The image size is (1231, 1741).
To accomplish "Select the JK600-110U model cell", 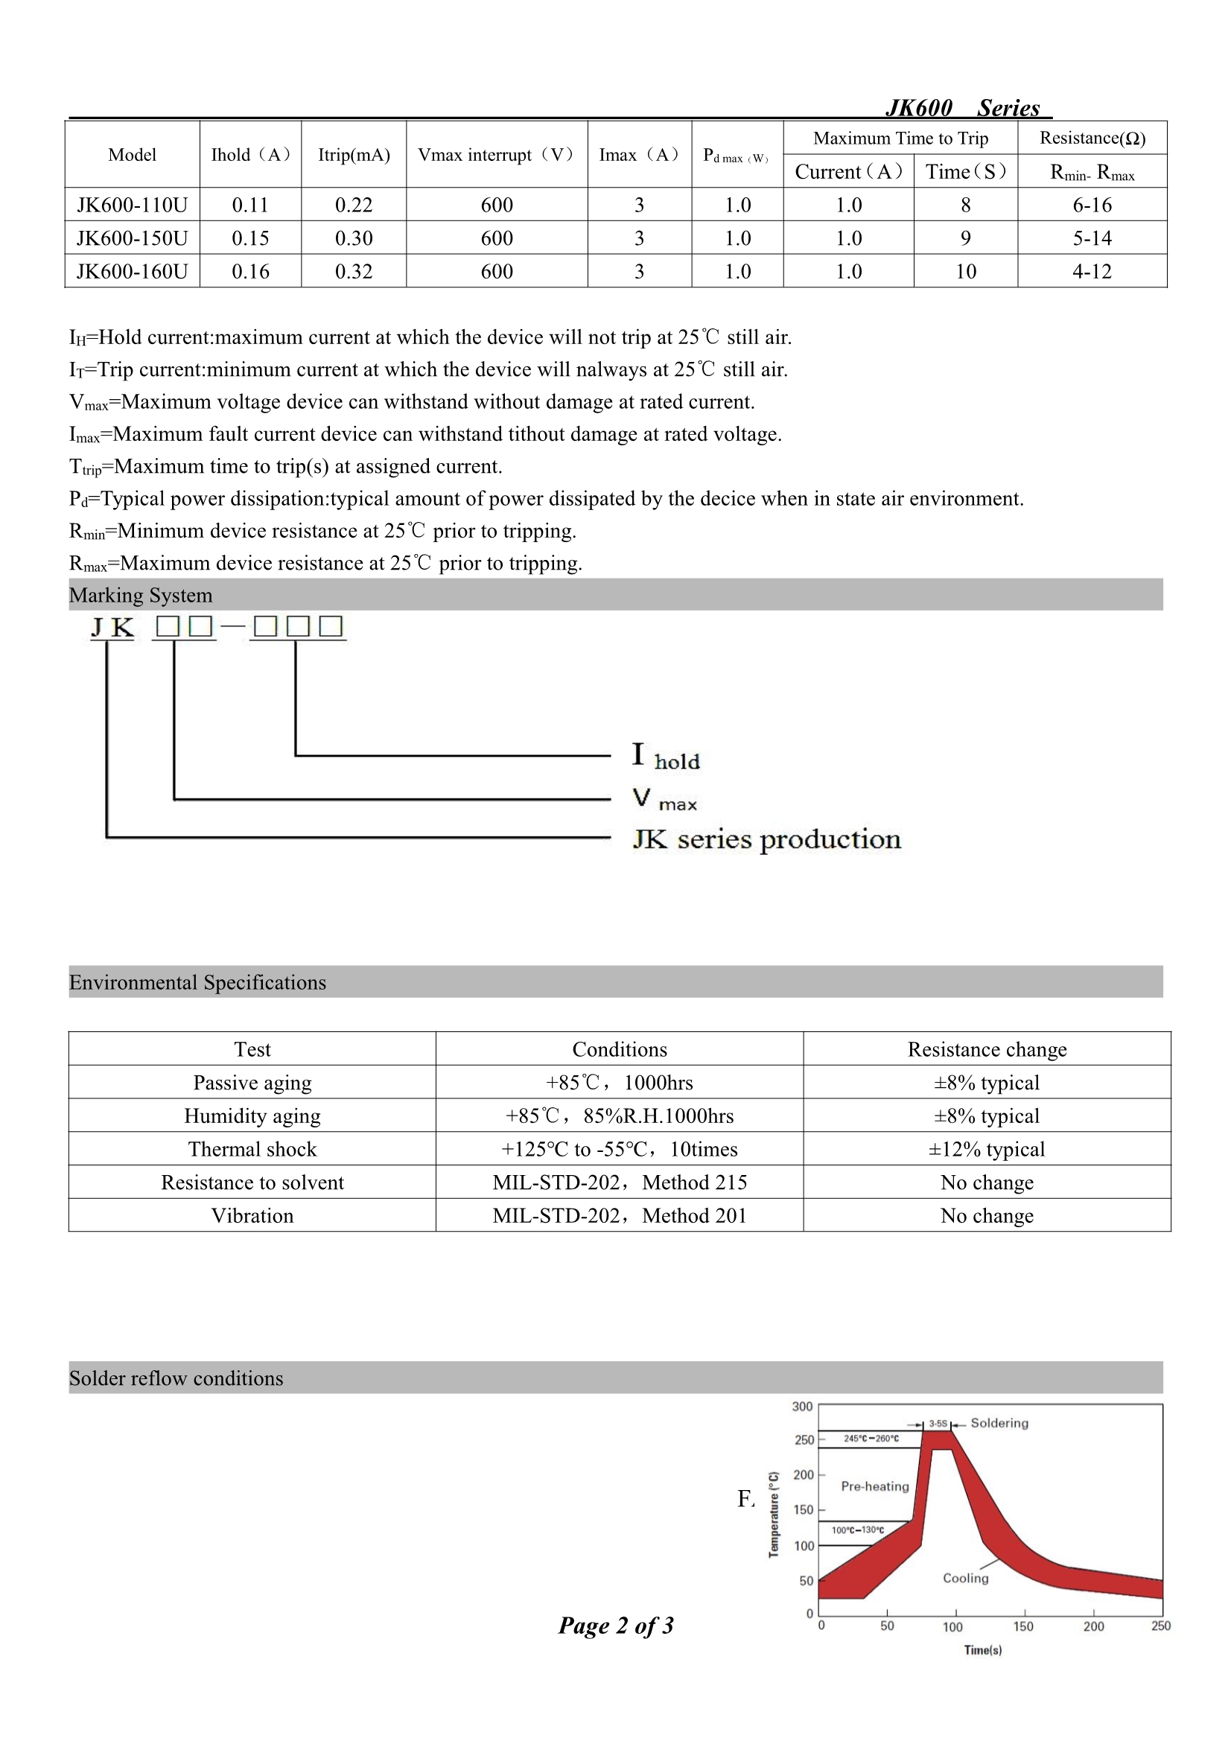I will pos(132,205).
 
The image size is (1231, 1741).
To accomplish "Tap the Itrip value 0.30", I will pos(354,238).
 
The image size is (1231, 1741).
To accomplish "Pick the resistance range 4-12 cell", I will pos(1092,272).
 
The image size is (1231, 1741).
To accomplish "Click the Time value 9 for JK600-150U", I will pos(965,238).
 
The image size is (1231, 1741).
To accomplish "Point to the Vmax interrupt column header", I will pos(496,155).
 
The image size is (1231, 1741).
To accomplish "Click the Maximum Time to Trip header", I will pos(900,138).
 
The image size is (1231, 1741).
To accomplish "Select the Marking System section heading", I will pos(141,595).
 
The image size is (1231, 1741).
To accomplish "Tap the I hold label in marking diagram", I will pos(665,757).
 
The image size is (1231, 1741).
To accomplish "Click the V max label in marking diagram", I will pos(664,799).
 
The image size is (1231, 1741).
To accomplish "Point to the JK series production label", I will pos(767,839).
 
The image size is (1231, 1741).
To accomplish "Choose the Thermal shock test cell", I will pos(252,1149).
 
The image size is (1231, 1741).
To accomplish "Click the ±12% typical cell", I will pos(986,1149).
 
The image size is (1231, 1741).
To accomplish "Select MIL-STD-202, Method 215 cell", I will pos(619,1183).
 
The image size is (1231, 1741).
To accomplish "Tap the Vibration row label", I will pos(252,1215).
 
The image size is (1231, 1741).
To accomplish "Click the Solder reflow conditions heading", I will pos(176,1378).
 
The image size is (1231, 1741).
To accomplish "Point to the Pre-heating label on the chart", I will pos(874,1486).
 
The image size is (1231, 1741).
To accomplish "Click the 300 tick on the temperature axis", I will pos(802,1407).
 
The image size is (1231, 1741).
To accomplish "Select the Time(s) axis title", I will pos(982,1650).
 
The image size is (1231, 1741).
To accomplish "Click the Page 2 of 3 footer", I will pos(616,1625).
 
